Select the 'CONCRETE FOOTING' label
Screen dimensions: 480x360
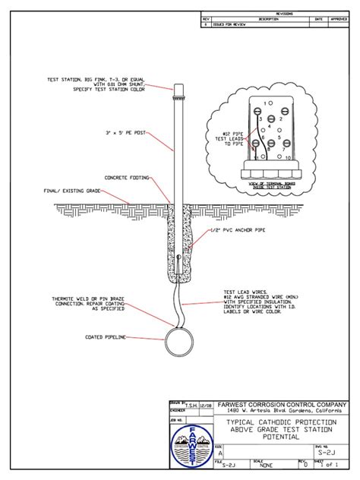127,177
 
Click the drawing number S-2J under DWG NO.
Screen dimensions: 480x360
325,453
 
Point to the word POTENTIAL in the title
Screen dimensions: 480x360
282,437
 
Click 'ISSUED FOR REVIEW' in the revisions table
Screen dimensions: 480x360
230,24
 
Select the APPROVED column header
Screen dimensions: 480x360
339,18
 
